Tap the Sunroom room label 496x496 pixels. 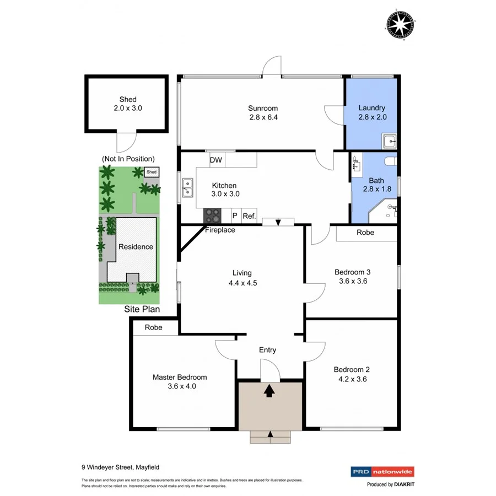click(x=262, y=109)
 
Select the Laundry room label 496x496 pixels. click(x=371, y=108)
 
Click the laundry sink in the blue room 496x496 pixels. click(x=390, y=141)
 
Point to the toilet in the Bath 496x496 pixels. click(x=390, y=161)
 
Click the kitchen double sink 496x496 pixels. click(x=187, y=188)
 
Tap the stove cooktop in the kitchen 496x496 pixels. click(x=212, y=215)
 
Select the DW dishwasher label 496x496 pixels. click(x=216, y=160)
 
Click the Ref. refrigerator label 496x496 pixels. click(x=249, y=216)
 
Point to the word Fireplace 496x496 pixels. click(x=220, y=230)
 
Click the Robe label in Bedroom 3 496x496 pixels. click(x=365, y=233)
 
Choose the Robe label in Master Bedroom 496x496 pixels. click(x=154, y=327)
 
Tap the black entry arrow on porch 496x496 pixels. click(x=269, y=391)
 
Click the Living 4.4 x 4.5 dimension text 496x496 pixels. click(x=242, y=283)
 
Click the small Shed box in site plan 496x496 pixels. click(x=152, y=172)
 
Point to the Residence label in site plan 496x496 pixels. click(x=136, y=247)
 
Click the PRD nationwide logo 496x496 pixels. click(x=382, y=472)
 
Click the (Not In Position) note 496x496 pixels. click(x=128, y=159)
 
